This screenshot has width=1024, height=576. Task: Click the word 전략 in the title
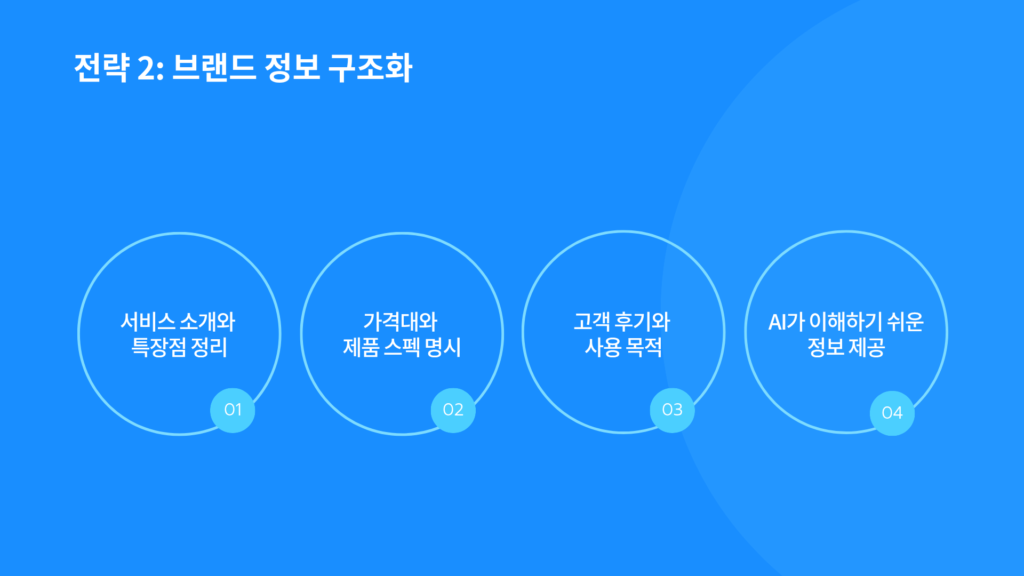coord(102,68)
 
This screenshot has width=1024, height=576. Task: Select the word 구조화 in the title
coord(370,68)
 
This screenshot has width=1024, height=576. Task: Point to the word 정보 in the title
coord(292,68)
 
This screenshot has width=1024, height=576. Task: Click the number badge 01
coord(233,410)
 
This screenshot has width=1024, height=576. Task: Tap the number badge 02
coord(453,410)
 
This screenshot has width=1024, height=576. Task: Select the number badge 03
coord(672,410)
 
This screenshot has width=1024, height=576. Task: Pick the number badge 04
coord(892,413)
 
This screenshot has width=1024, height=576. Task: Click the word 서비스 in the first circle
coord(148,322)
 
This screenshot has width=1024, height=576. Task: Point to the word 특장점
coord(159,347)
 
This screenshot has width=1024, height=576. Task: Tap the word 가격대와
coord(401,322)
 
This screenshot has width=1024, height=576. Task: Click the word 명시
coord(443,347)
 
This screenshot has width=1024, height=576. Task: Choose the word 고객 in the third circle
coord(592,322)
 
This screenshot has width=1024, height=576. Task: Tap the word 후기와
coord(643,322)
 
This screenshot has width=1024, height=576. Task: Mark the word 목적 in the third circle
coord(644,347)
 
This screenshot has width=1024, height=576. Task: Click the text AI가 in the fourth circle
coord(787,322)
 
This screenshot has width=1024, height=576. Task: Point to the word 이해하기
coord(846,322)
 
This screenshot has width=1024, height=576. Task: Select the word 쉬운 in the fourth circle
coord(906,322)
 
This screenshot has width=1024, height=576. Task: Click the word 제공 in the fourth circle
coord(867,347)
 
